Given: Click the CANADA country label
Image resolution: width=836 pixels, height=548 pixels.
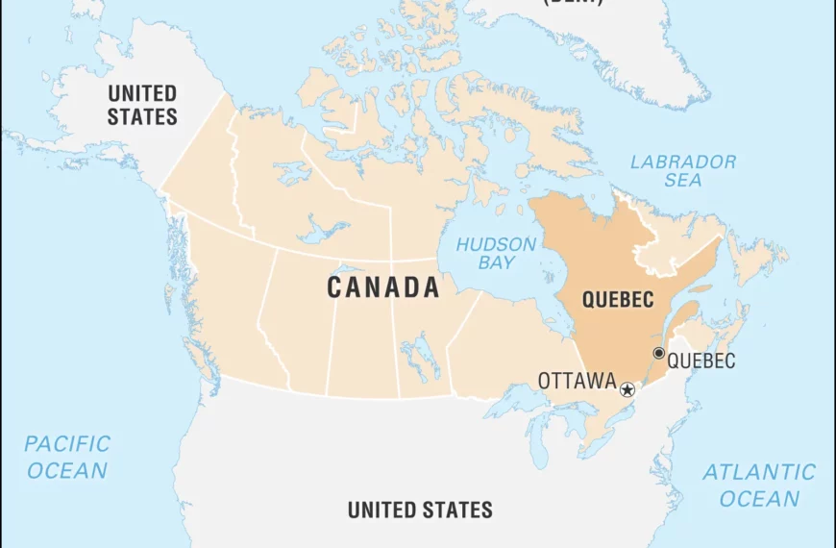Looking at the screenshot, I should click(x=383, y=287).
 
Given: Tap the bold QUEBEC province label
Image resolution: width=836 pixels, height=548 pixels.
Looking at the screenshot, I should click(x=617, y=299).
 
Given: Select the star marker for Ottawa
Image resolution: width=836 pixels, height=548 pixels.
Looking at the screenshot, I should click(x=627, y=389).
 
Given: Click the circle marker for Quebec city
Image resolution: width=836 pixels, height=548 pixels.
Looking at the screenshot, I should click(x=658, y=353).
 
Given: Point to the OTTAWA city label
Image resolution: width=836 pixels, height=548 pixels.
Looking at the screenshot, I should click(x=577, y=381).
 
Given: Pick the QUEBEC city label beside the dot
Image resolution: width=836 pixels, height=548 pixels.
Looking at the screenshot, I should click(x=701, y=361).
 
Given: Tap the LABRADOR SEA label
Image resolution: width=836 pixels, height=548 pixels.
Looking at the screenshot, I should click(x=683, y=170).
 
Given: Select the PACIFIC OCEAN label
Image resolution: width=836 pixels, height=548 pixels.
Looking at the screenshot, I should click(x=67, y=457).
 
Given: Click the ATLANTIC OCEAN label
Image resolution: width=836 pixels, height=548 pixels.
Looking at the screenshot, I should click(x=759, y=486).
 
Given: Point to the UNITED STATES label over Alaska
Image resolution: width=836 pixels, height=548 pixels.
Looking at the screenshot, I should click(x=142, y=106).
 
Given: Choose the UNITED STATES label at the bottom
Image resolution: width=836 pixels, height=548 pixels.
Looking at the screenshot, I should click(x=420, y=510).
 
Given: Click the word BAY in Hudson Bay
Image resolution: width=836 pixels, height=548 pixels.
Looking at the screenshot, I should click(x=498, y=262).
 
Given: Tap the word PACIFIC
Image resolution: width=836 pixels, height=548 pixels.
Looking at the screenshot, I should click(x=67, y=444).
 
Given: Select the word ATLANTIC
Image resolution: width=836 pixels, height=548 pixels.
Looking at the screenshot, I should click(x=759, y=472).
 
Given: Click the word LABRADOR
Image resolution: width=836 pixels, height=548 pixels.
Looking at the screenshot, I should click(x=683, y=162).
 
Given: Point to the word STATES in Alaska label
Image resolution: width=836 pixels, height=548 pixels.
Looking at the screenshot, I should click(x=142, y=117).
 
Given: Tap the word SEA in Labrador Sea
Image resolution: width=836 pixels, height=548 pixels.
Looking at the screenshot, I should click(x=682, y=180).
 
